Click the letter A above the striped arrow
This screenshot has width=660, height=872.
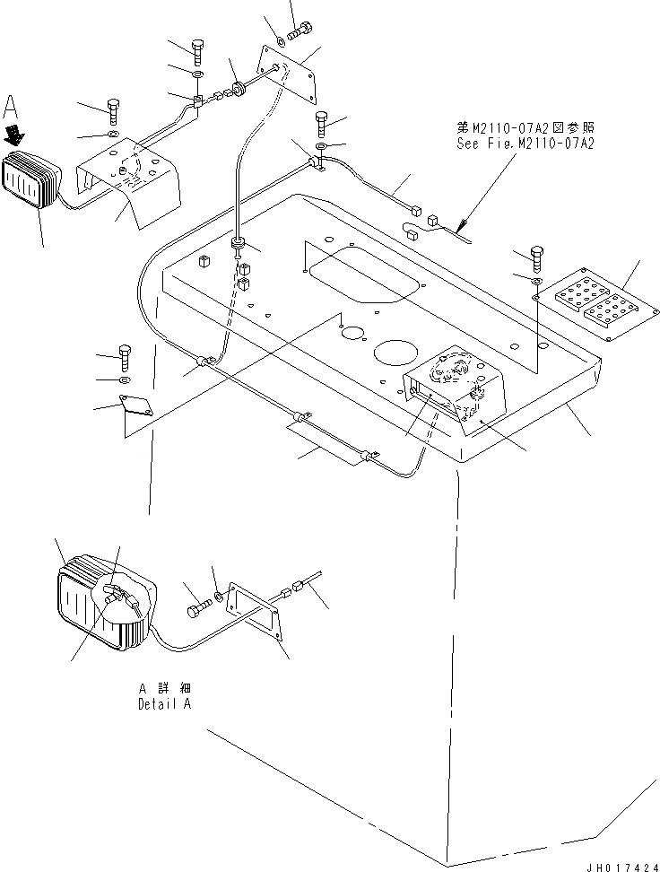[12, 109]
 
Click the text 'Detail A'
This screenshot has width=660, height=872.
[164, 704]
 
